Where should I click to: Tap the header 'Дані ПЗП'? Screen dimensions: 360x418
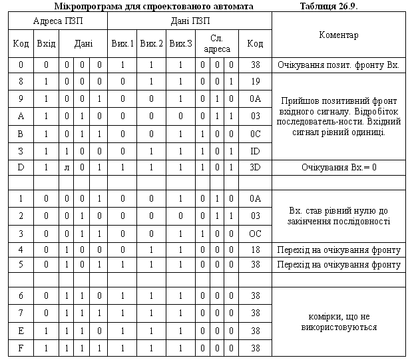pyautogui.click(x=191, y=21)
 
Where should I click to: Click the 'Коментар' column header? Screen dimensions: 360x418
pyautogui.click(x=339, y=35)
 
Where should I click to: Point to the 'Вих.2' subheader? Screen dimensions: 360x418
pyautogui.click(x=151, y=44)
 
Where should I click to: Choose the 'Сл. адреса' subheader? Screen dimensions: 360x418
pyautogui.click(x=216, y=44)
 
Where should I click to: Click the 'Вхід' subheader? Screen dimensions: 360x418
pyautogui.click(x=46, y=44)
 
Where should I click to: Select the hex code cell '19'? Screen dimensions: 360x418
pyautogui.click(x=255, y=81)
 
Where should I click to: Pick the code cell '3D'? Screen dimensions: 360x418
pyautogui.click(x=255, y=166)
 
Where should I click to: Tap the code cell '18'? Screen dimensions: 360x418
pyautogui.click(x=255, y=250)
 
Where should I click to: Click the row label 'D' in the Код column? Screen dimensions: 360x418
pyautogui.click(x=21, y=166)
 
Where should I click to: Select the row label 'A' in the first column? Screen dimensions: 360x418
pyautogui.click(x=21, y=116)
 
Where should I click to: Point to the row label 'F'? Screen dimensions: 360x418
pyautogui.click(x=21, y=347)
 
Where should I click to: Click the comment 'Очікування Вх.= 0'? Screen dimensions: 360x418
pyautogui.click(x=339, y=166)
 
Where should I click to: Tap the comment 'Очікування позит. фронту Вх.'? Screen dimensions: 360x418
pyautogui.click(x=339, y=65)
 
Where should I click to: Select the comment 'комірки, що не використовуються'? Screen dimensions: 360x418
pyautogui.click(x=339, y=322)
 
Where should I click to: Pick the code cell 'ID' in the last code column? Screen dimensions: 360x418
pyautogui.click(x=255, y=150)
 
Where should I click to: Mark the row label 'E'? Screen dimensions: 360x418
pyautogui.click(x=21, y=330)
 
